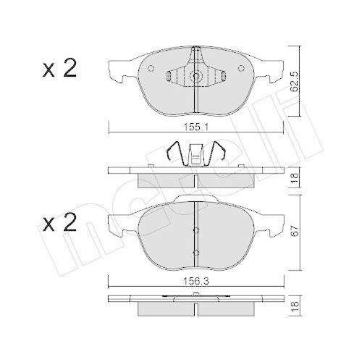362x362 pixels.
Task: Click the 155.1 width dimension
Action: coord(196,125)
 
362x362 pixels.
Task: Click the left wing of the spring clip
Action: coord(173,154)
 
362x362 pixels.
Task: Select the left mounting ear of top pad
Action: coord(116,70)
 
